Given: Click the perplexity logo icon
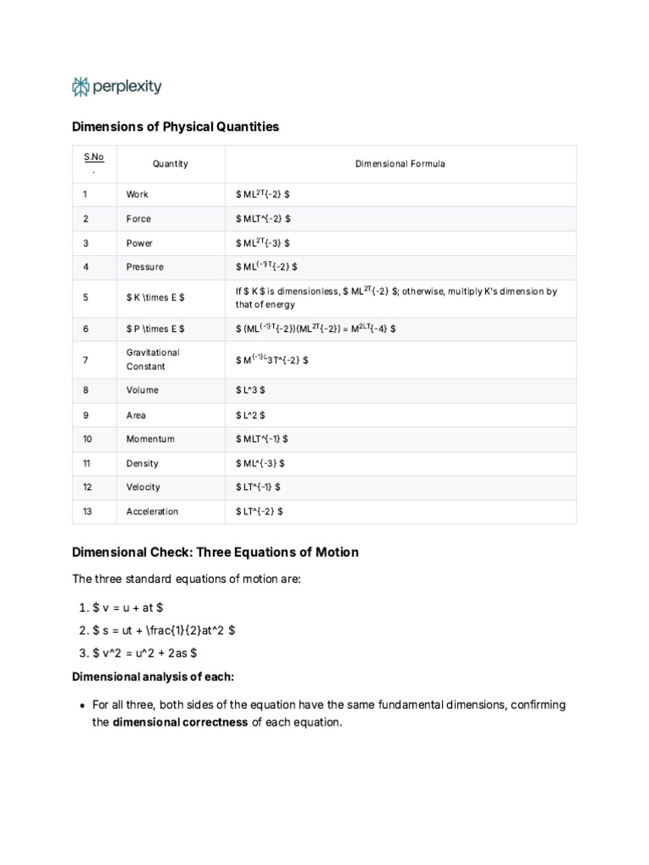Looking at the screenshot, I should [80, 86].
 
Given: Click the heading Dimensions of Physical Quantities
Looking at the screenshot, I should [175, 127].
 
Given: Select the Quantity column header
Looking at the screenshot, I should [170, 164].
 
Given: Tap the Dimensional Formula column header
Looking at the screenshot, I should [400, 164].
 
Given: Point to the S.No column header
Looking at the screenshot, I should [93, 163].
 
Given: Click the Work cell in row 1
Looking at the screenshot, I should [137, 194].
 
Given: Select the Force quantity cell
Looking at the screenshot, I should [139, 219].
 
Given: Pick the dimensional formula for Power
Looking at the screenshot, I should [263, 243].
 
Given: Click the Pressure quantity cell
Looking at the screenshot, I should [145, 267].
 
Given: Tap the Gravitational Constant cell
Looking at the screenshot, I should [153, 359].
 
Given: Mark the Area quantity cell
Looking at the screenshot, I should [136, 415].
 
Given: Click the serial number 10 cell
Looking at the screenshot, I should [88, 439].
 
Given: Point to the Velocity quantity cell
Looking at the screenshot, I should [143, 487].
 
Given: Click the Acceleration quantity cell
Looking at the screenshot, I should [152, 511].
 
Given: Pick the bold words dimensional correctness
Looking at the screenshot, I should [180, 722].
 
